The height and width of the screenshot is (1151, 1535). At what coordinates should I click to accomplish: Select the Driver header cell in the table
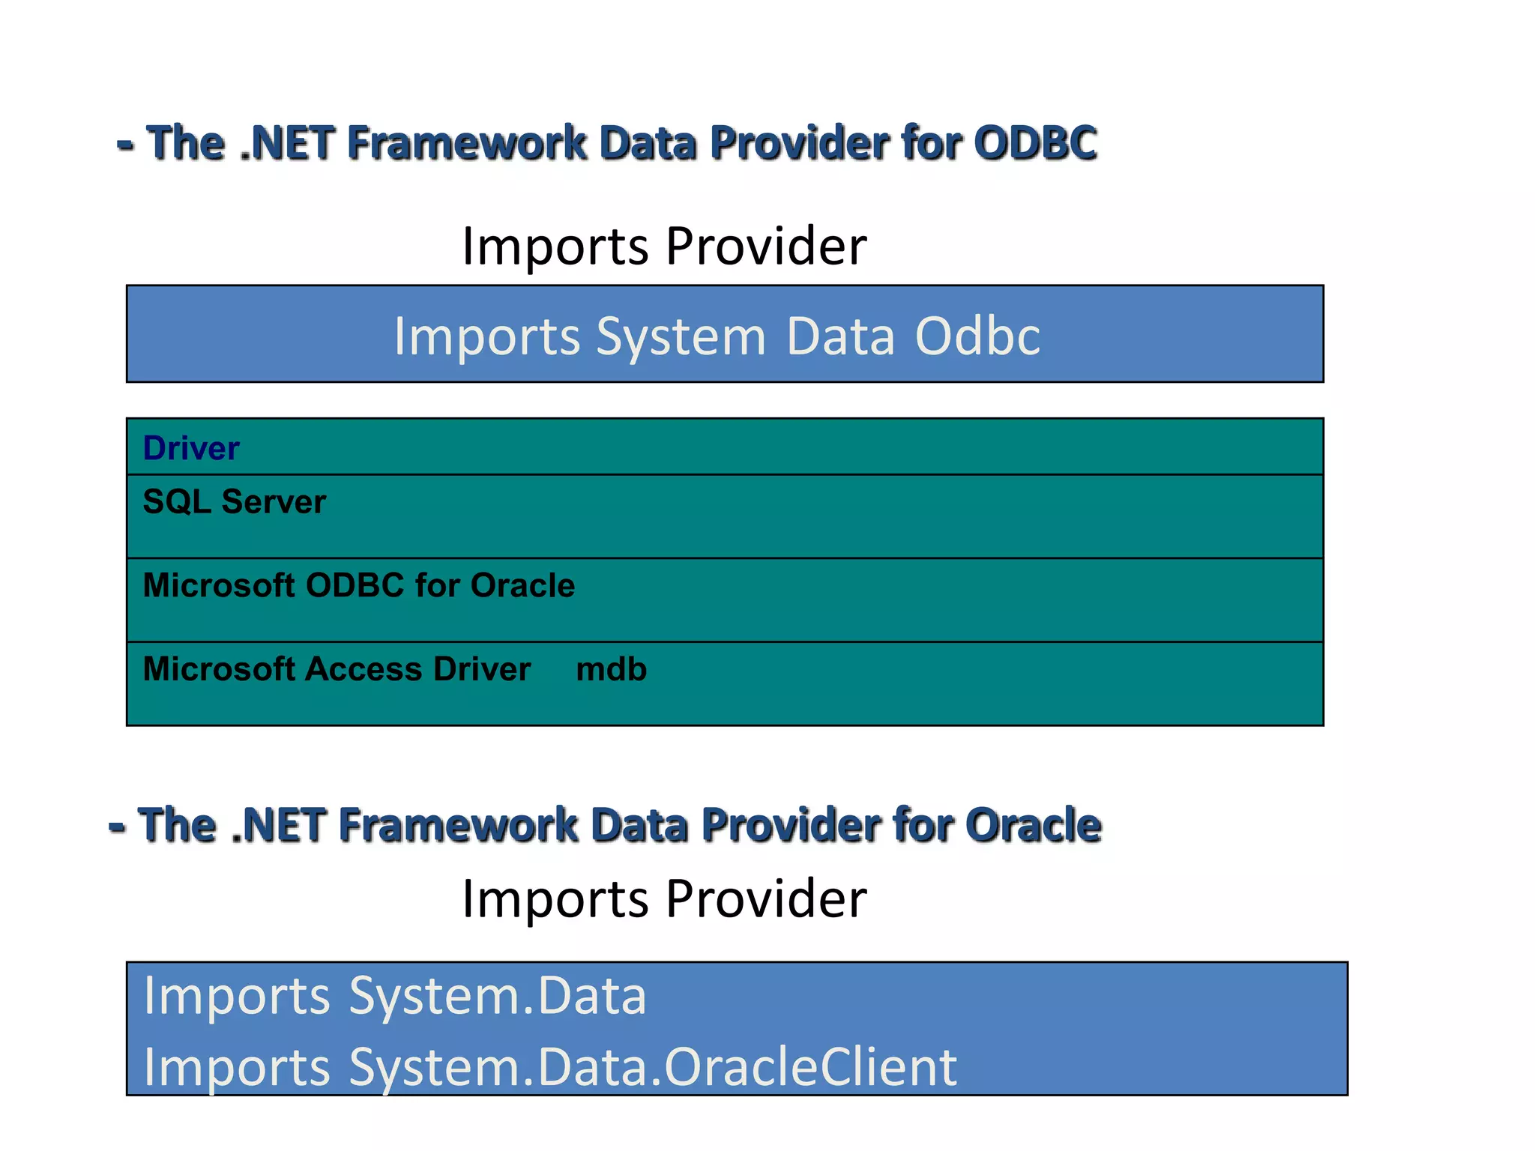pyautogui.click(x=191, y=448)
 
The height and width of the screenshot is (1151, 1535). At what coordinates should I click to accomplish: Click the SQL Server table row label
pyautogui.click(x=234, y=501)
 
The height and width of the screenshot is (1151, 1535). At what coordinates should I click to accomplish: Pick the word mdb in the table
pyautogui.click(x=611, y=669)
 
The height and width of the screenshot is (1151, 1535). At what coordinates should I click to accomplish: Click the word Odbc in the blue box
pyautogui.click(x=977, y=336)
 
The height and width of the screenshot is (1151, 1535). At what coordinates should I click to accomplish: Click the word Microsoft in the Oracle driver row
pyautogui.click(x=218, y=585)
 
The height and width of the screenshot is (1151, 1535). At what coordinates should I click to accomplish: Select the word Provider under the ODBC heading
pyautogui.click(x=766, y=246)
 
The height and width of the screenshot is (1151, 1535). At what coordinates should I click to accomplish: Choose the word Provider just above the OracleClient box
pyautogui.click(x=766, y=898)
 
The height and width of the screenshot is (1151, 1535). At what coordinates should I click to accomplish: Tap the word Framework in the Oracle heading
pyautogui.click(x=457, y=825)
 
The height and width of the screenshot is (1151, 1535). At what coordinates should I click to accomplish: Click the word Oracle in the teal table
pyautogui.click(x=522, y=585)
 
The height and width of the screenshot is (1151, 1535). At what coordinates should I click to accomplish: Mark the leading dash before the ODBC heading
pyautogui.click(x=125, y=144)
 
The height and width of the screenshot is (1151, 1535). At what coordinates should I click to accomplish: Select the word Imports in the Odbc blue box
pyautogui.click(x=486, y=336)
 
